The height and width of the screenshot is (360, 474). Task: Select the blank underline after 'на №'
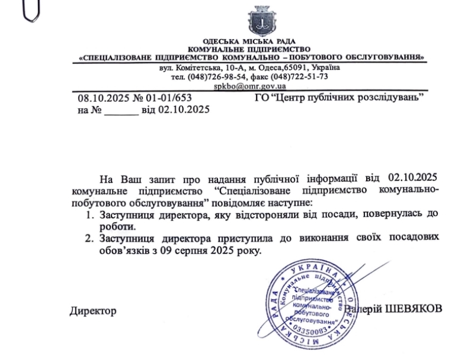point(121,110)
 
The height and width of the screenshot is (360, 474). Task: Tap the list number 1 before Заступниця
point(90,214)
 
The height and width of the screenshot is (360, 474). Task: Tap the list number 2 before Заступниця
point(90,238)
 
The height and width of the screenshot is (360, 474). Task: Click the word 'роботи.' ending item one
point(118,226)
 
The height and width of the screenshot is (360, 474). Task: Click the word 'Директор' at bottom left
point(93,311)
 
